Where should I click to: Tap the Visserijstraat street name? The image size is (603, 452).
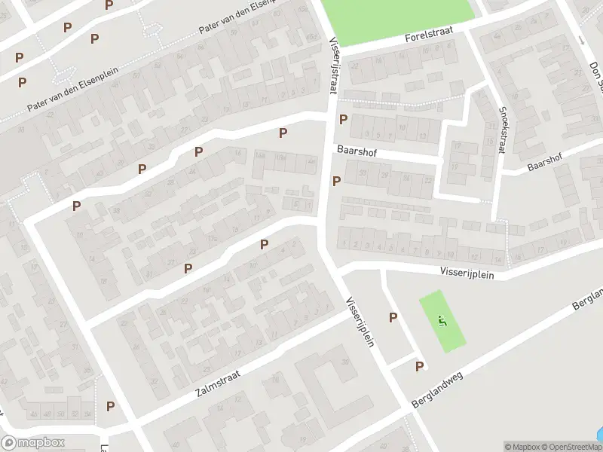click(x=332, y=66)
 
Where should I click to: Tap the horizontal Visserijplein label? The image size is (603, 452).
click(x=467, y=275)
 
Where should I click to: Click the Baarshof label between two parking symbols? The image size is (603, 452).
click(x=356, y=150)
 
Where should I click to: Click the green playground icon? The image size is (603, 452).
click(x=442, y=322)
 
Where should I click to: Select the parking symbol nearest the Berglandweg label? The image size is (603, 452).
click(x=419, y=366)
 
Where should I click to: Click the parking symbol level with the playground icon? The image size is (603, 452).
click(x=393, y=318)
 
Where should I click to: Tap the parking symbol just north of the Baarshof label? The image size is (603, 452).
click(x=344, y=119)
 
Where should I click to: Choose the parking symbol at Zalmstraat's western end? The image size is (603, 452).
click(x=111, y=406)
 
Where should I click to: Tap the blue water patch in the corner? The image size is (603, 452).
click(x=598, y=435)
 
